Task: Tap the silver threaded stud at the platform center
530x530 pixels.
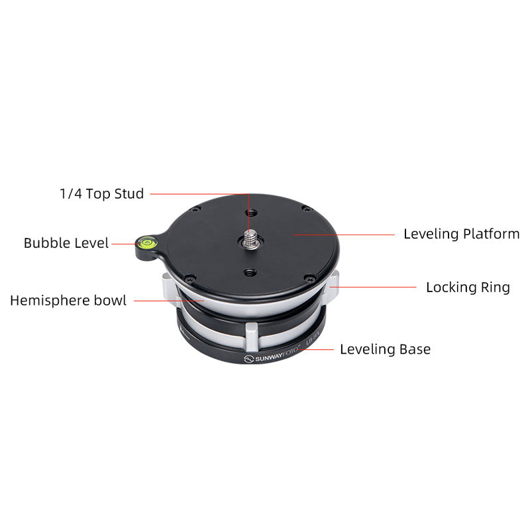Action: point(250,238)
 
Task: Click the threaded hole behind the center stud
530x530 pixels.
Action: point(251,213)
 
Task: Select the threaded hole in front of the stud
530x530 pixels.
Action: point(250,272)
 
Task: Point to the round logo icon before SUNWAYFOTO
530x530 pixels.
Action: point(248,359)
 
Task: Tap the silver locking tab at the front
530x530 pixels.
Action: point(252,337)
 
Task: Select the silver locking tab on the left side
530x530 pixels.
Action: point(169,287)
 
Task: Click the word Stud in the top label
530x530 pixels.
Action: point(129,193)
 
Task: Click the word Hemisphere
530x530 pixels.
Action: point(50,301)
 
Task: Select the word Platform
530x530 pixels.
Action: point(491,234)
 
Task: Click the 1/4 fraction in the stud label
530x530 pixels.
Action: point(71,193)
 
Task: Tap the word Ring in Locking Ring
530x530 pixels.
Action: point(495,288)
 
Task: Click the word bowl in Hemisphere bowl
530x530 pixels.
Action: point(110,301)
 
